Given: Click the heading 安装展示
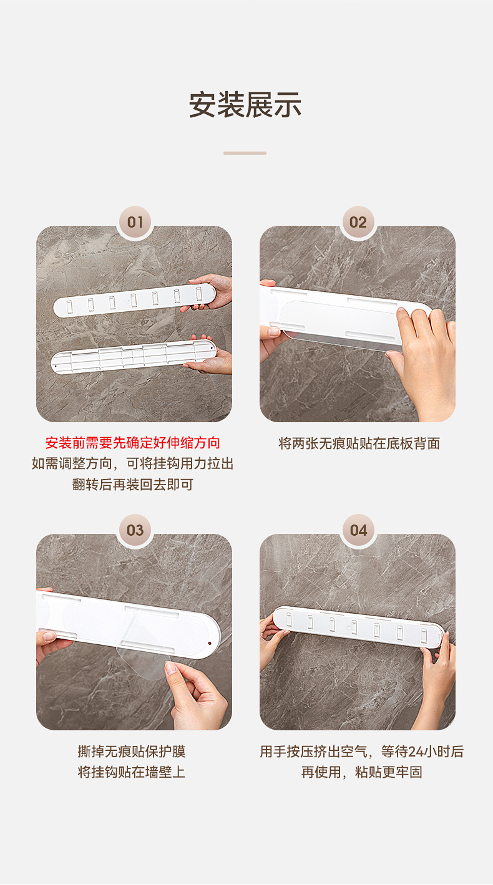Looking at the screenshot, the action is coord(245,105).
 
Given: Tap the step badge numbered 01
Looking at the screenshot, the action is coord(135,222).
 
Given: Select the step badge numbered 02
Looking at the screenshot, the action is coord(358,222).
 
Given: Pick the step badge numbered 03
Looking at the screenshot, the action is coord(135,530).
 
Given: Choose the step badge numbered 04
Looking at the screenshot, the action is coord(358,530).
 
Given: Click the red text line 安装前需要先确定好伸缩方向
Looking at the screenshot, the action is coord(133,443).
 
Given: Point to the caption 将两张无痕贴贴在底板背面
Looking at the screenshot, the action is coord(359,443).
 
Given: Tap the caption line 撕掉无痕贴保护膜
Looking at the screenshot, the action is coord(132,752).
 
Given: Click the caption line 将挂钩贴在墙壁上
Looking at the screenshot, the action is coord(132,772).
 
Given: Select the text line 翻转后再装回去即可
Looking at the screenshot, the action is coord(133,485).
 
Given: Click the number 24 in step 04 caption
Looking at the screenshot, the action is coord(415,752).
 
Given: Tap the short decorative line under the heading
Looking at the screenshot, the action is coord(245,153).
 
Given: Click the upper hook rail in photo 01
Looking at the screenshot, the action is coord(134,300).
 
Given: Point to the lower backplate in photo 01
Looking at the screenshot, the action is coord(134,357).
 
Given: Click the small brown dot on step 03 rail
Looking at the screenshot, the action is coord(209,644).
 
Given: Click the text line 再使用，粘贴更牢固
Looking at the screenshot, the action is coord(362,772).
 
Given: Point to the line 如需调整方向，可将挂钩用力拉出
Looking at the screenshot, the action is coord(133,463).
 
